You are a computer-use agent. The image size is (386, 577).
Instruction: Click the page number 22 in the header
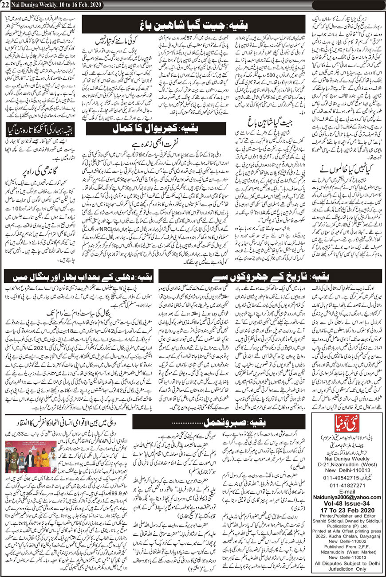5,5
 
